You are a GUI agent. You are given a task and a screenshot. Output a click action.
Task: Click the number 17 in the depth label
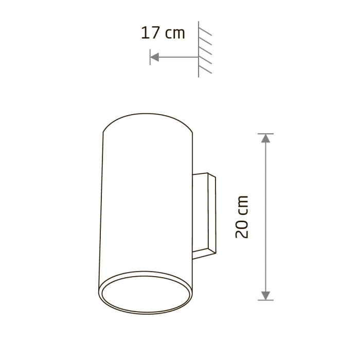point(150,32)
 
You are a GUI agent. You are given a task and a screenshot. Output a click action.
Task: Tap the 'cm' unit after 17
point(175,34)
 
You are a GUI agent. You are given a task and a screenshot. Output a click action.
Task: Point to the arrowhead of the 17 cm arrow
point(154,57)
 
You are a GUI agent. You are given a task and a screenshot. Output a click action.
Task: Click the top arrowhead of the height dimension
point(266,138)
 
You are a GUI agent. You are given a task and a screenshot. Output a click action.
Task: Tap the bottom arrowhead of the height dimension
point(266,296)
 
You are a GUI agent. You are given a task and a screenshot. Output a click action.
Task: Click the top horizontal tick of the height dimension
point(266,134)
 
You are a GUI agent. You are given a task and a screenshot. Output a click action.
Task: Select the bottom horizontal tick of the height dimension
point(266,300)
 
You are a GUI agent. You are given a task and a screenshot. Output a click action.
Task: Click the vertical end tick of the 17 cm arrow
point(150,57)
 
